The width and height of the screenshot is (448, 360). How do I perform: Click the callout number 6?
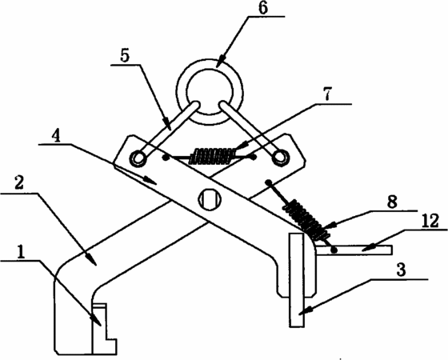263,8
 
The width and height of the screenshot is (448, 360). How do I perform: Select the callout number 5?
125,56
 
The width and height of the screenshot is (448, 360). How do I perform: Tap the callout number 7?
327,94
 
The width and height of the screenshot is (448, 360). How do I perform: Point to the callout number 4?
56,136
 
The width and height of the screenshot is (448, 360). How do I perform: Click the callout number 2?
19,184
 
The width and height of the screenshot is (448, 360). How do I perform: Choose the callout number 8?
392,202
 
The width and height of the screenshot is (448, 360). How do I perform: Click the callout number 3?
402,270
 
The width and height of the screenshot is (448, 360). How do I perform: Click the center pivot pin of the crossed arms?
210,199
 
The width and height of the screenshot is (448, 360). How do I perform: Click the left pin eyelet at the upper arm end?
138,158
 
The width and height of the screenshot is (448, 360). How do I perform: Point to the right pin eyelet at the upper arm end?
280,157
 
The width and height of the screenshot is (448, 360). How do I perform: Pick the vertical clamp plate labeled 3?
297,280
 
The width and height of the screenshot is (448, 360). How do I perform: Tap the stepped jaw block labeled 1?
103,329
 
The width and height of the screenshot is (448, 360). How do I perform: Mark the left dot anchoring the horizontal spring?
165,157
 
